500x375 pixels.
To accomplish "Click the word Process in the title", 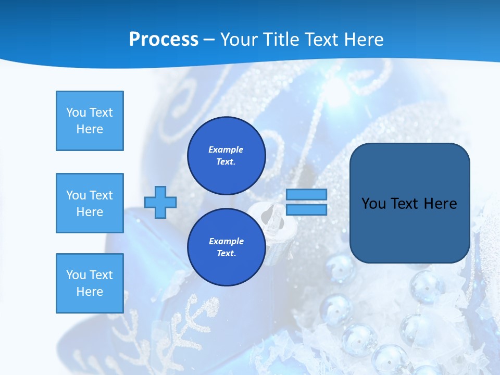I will click(x=164, y=40).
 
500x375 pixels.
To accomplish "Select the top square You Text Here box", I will click(x=90, y=121).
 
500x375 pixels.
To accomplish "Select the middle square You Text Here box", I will click(x=90, y=203).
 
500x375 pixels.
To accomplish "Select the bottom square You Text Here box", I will click(x=90, y=283).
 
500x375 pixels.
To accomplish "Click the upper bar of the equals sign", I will click(x=307, y=195).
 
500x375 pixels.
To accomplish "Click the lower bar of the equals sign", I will click(x=307, y=209).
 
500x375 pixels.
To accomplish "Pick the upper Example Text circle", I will click(x=227, y=156).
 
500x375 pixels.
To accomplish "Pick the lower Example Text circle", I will click(x=227, y=247).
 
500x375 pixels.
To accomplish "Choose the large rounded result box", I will click(x=409, y=229).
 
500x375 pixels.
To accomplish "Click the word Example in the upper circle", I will click(x=226, y=149).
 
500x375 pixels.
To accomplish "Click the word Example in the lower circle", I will click(x=226, y=241).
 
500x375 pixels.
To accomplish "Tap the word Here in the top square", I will click(x=90, y=129).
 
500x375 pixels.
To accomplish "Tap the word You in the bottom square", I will click(x=76, y=275).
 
